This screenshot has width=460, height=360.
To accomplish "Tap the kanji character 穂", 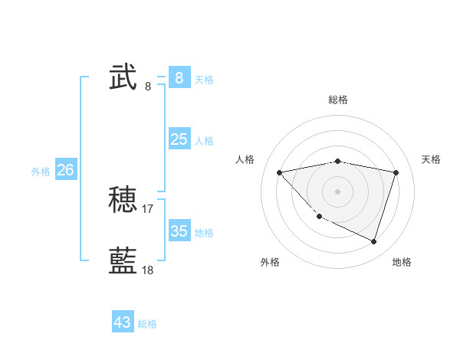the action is click(x=123, y=201).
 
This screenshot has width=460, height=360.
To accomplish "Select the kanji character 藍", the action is click(x=123, y=260).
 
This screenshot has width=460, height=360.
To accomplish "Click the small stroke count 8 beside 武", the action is click(x=148, y=86).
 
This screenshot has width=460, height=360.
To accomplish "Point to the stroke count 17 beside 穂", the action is click(x=148, y=208).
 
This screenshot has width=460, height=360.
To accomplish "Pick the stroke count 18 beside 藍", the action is click(x=148, y=270).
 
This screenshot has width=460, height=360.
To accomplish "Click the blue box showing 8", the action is click(x=179, y=77).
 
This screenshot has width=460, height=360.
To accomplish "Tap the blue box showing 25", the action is click(x=179, y=139).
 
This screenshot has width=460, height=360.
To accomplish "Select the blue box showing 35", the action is click(x=179, y=231).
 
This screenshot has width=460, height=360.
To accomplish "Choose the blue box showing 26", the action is click(x=65, y=169).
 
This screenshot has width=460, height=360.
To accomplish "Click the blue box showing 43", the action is click(x=123, y=322).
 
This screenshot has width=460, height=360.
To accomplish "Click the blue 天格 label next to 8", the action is click(x=204, y=79).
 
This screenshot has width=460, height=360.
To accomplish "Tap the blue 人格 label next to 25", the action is click(x=204, y=140).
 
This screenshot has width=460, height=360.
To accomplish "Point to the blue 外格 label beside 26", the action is click(x=41, y=172).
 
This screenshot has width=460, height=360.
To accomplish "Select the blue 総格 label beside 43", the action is click(x=147, y=324).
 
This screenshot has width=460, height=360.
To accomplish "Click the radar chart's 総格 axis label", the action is click(x=337, y=100).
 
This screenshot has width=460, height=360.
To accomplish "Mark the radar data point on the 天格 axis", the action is click(x=396, y=172).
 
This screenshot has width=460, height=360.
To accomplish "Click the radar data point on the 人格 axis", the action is click(x=279, y=172).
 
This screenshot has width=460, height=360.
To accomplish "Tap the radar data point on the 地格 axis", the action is click(x=373, y=241).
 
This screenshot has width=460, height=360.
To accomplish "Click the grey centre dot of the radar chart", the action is click(x=337, y=191).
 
